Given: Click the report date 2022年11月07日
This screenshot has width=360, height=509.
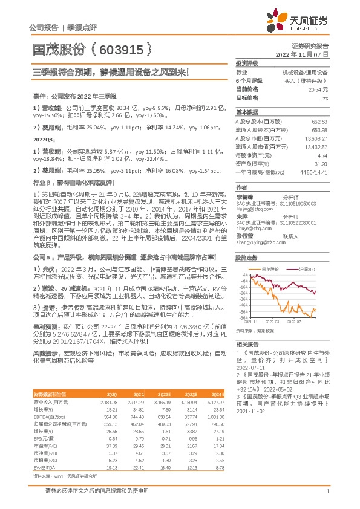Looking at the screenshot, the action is pos(308,54).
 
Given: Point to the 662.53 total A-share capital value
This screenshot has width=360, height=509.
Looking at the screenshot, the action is pos(320,122).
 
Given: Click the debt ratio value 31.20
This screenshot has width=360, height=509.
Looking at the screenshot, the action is pos(322,164).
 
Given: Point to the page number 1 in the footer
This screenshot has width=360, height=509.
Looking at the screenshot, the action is pos(327,491).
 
